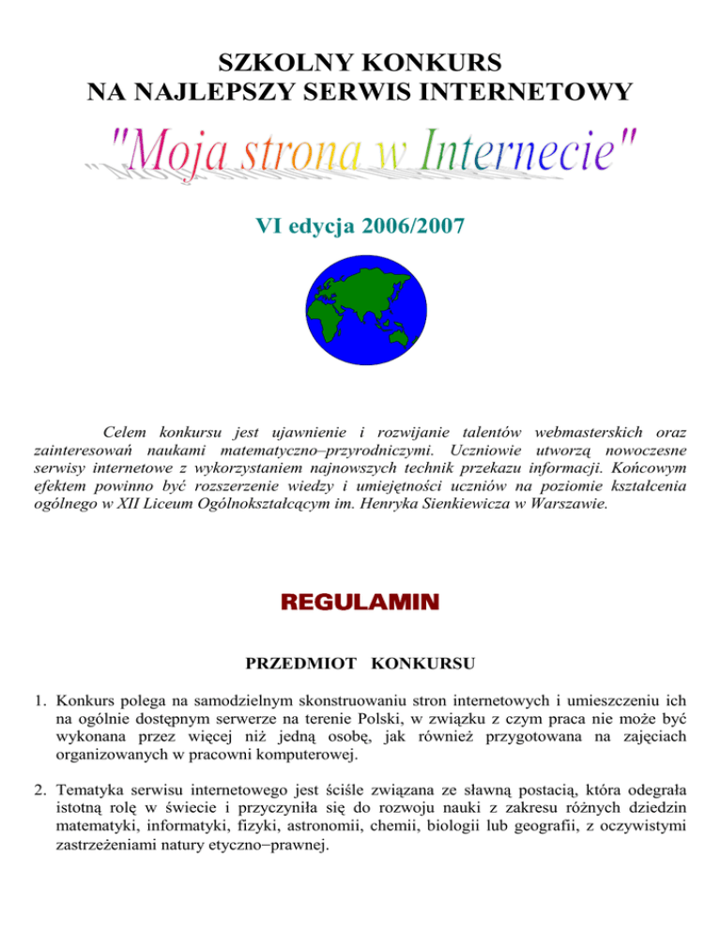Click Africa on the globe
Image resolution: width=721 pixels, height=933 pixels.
point(324,319)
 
